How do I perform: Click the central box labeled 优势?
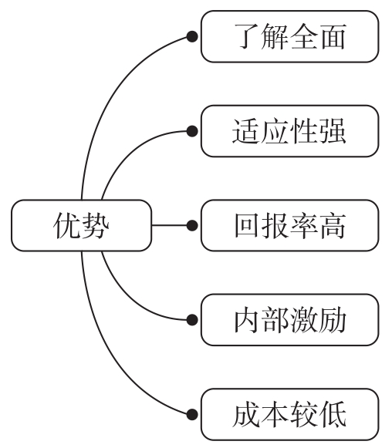(x=81, y=225)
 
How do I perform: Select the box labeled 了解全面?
(x=289, y=37)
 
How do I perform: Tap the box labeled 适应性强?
(x=289, y=132)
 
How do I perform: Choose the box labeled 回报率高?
(x=289, y=225)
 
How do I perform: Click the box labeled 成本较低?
(x=289, y=413)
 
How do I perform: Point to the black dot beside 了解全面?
(x=191, y=37)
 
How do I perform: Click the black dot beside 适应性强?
(x=191, y=132)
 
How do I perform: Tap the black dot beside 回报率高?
(x=191, y=225)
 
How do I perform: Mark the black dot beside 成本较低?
(x=191, y=413)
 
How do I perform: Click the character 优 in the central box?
(x=66, y=225)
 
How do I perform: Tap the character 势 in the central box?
(x=96, y=225)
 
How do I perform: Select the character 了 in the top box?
(x=246, y=37)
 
